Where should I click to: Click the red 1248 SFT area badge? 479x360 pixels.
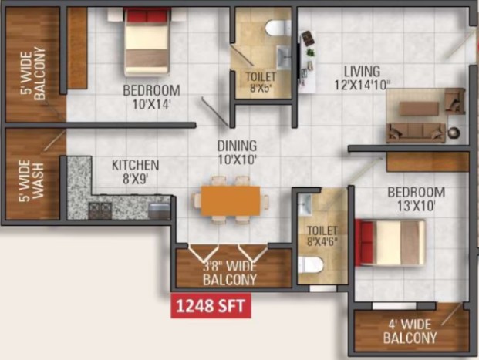[211, 305]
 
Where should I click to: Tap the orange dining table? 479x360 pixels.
[231, 200]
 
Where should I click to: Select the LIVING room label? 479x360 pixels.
[363, 72]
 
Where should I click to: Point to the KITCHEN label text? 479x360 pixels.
[135, 166]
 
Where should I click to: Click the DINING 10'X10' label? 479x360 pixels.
[237, 153]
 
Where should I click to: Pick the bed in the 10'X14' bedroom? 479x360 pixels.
[147, 42]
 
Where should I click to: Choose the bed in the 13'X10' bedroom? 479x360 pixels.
[390, 243]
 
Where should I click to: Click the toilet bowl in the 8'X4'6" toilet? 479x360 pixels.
[311, 264]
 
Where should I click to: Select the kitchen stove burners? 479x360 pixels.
[100, 210]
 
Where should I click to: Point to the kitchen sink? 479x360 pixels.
[159, 211]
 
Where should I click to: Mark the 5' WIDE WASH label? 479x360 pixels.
[31, 181]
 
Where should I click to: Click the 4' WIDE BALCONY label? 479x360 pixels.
[410, 331]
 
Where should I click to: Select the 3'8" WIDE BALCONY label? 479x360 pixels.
[230, 273]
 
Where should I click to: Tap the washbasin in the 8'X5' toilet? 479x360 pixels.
[284, 57]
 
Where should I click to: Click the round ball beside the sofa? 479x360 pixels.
[454, 133]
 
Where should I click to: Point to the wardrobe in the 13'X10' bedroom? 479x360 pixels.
[427, 162]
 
